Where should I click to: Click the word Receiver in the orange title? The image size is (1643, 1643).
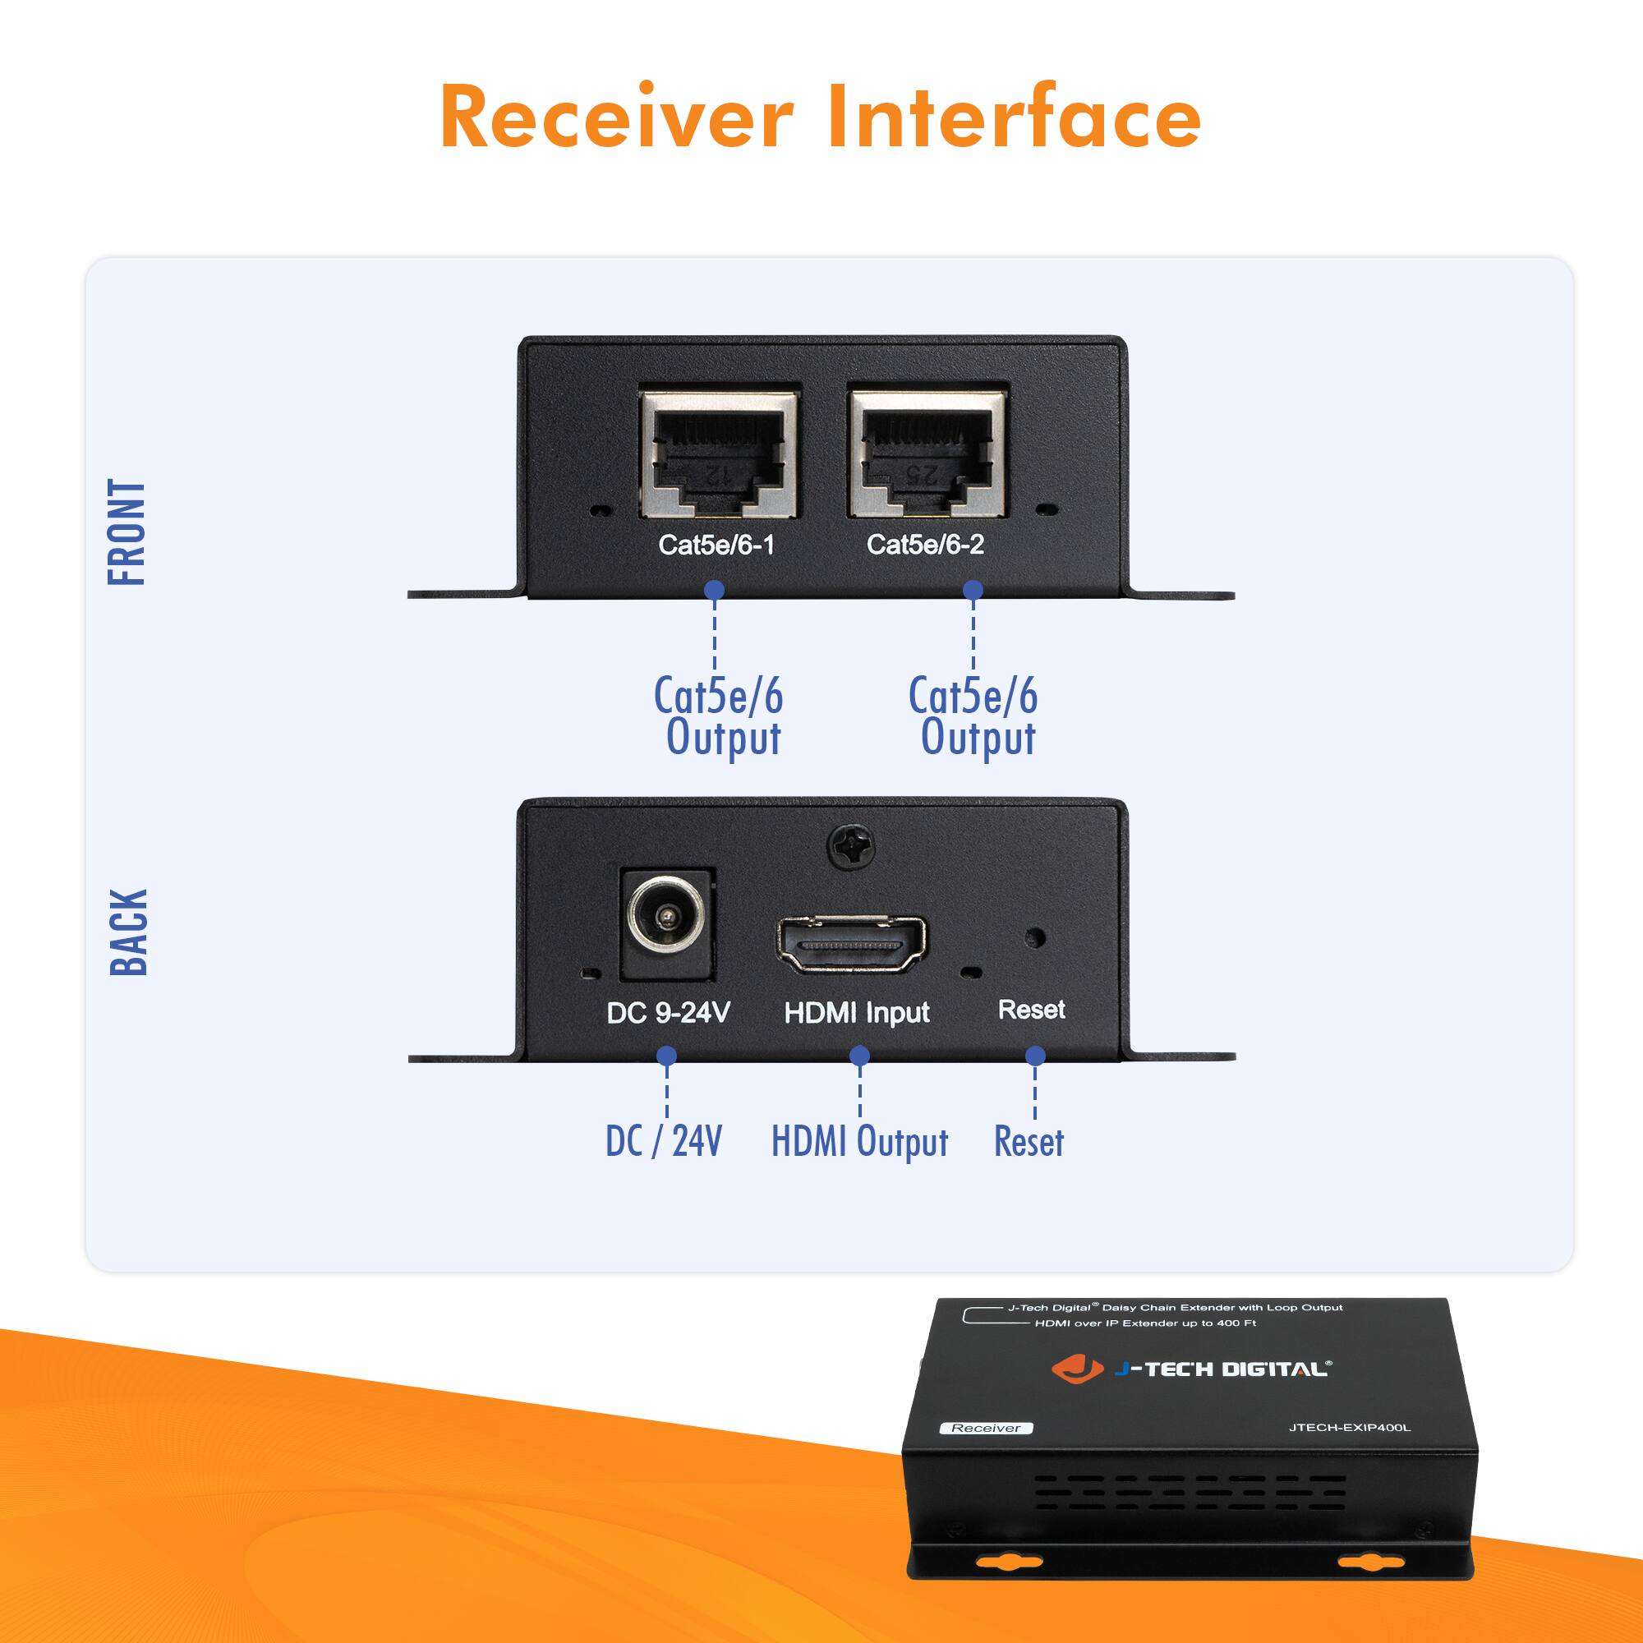[617, 117]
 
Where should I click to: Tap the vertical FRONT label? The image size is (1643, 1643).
[127, 532]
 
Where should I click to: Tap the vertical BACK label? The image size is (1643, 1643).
[129, 932]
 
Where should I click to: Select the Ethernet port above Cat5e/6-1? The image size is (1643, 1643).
[719, 454]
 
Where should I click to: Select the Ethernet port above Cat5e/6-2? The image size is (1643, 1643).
[927, 454]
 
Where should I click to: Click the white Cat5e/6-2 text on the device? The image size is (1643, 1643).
[925, 545]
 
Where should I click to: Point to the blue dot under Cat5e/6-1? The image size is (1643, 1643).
[715, 589]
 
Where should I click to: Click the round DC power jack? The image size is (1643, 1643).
[667, 918]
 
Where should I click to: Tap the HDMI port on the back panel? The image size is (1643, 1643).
[851, 945]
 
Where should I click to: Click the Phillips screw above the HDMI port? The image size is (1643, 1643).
[850, 847]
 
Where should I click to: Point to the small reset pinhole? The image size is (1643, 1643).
[1035, 938]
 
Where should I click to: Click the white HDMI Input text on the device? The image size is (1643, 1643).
[856, 1012]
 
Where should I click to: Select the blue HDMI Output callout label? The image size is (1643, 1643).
[859, 1142]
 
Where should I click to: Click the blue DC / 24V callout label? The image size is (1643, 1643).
[663, 1141]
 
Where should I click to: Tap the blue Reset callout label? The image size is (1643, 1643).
[1029, 1142]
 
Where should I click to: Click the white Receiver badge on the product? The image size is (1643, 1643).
[986, 1428]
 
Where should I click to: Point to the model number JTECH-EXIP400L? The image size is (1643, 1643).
[1350, 1427]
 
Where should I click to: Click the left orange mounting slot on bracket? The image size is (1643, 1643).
[1009, 1562]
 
